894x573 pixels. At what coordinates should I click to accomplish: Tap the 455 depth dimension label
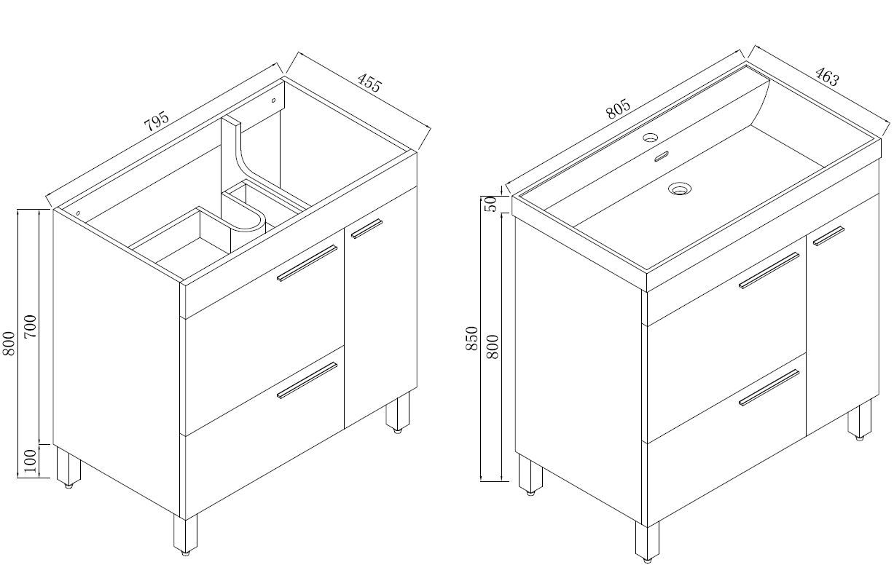369,82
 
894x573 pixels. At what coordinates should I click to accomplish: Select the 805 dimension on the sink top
618,109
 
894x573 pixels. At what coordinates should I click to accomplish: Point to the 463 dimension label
827,76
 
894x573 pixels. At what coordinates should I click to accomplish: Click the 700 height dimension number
31,327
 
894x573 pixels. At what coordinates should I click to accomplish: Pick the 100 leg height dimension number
31,461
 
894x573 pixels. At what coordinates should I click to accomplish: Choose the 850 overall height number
472,338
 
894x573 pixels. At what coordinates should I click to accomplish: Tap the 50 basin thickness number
491,204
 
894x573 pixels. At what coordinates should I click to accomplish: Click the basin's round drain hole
679,188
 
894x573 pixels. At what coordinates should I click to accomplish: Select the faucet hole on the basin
650,138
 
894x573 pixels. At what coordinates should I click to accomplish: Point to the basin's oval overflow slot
662,156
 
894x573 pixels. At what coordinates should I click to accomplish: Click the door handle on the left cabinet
366,229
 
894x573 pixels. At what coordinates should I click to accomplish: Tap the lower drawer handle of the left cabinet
307,380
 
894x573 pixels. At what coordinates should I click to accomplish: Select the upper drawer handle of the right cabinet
769,270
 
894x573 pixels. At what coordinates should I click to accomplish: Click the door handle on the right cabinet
828,236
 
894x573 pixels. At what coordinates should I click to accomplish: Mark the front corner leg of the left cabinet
185,535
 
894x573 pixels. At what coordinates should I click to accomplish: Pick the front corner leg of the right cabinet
647,542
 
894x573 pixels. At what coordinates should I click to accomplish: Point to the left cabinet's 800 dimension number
9,343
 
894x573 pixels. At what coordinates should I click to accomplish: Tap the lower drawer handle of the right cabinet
769,387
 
